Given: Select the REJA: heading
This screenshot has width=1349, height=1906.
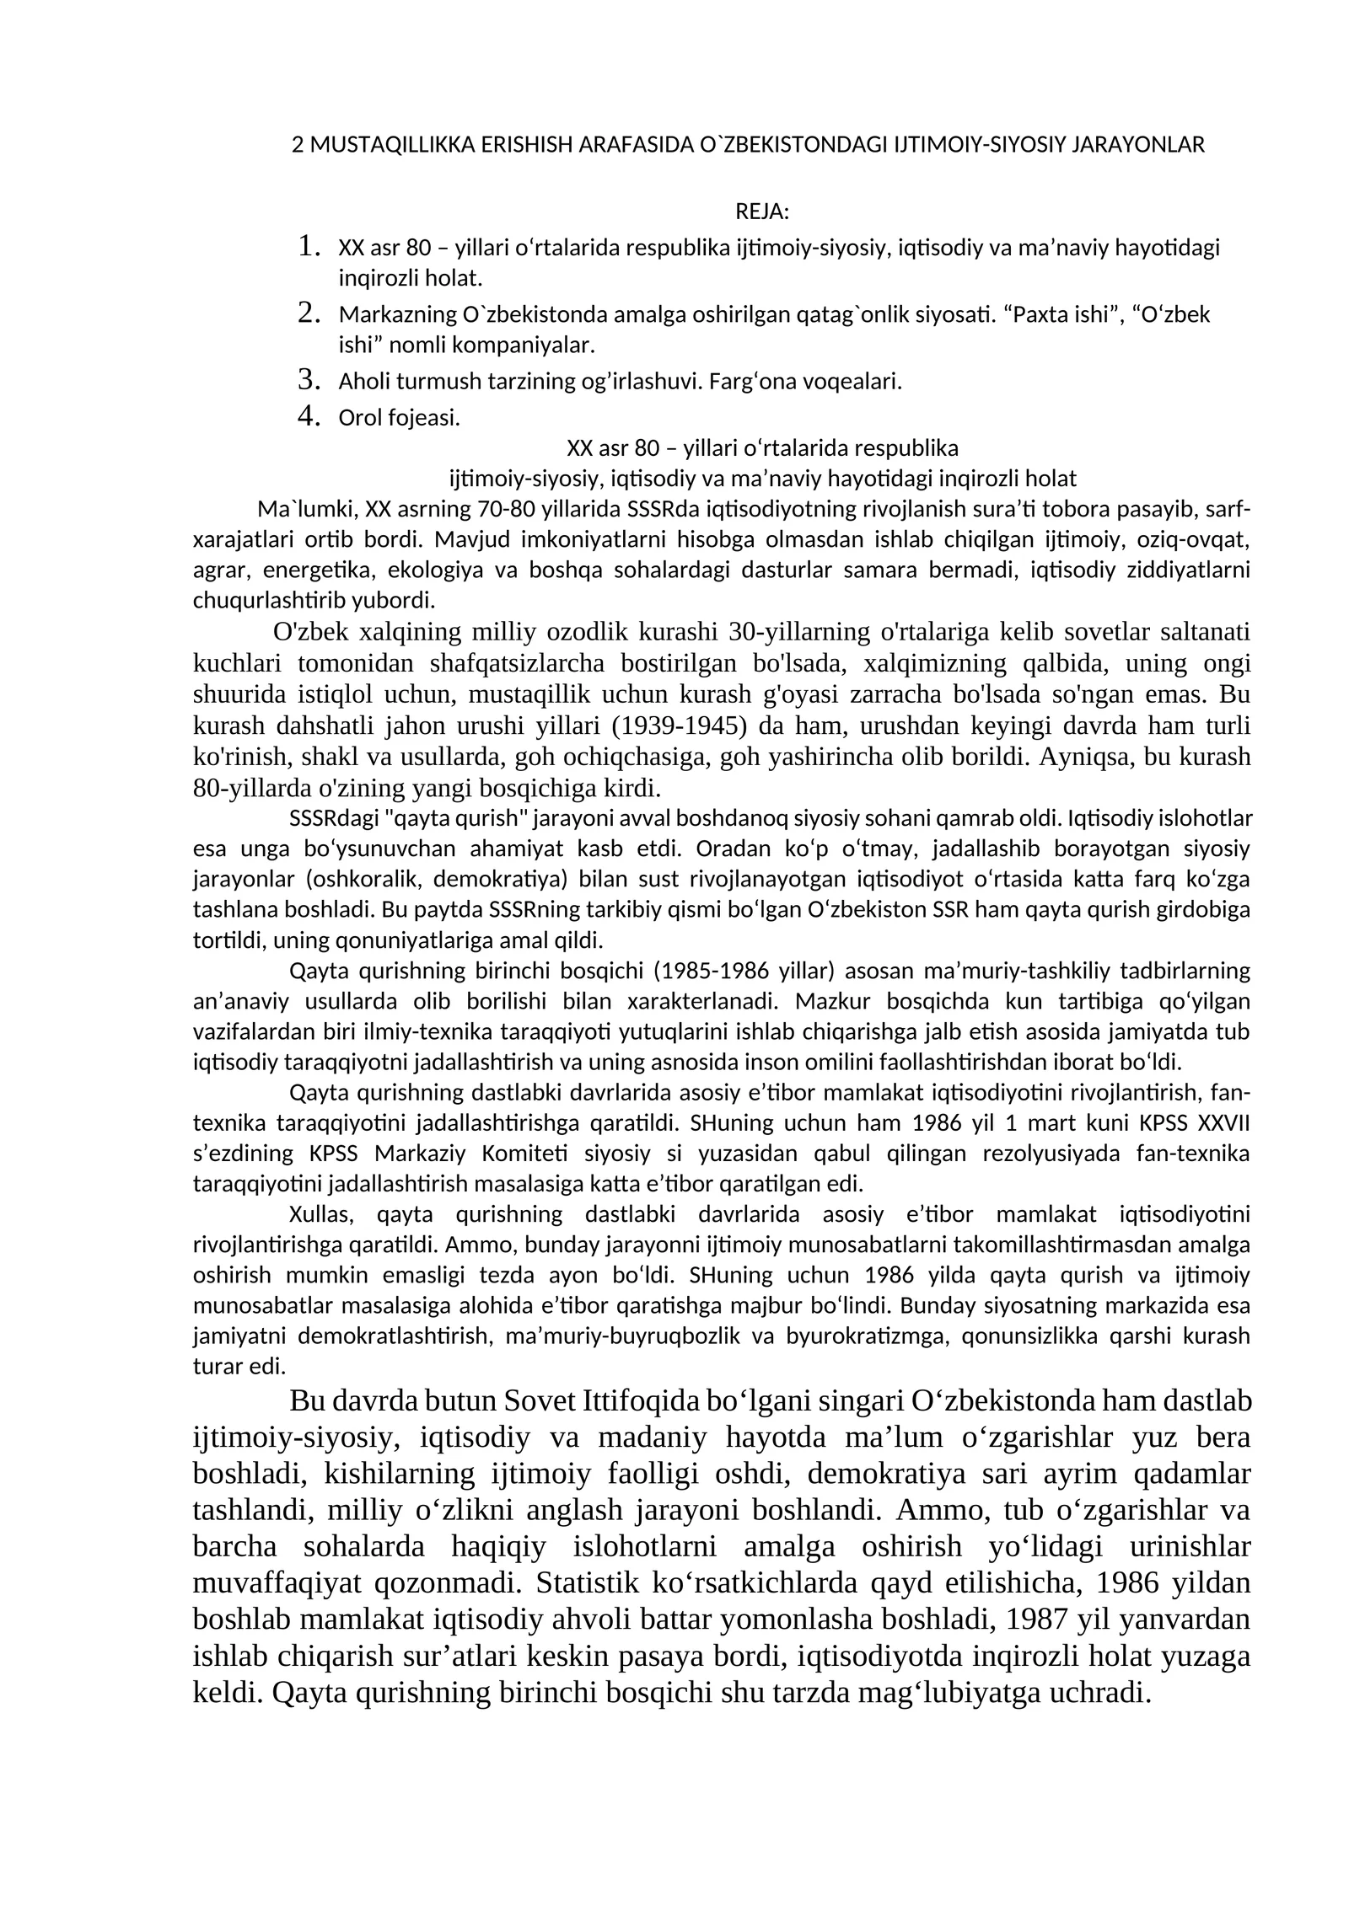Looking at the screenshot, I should tap(762, 211).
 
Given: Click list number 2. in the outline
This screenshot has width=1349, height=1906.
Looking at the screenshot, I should tap(309, 313).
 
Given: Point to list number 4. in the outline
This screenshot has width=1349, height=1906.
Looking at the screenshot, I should tap(309, 416).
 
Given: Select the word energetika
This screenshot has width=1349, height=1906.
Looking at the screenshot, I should tap(320, 570).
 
